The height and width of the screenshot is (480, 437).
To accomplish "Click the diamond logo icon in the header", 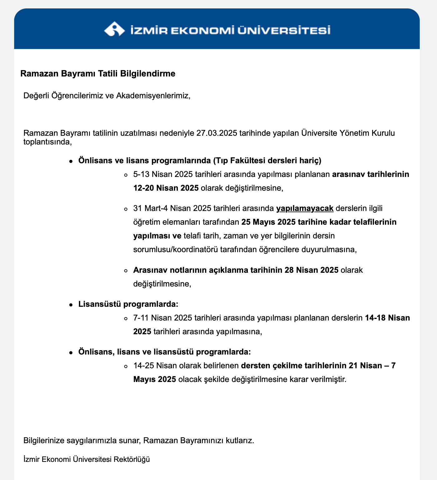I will click(114, 29).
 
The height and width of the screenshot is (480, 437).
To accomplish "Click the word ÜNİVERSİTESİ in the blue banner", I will click(283, 31).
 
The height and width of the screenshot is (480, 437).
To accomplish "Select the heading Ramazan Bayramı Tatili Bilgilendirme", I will click(98, 74).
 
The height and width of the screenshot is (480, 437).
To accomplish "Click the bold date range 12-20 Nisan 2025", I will click(166, 188).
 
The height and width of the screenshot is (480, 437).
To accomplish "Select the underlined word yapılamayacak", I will click(305, 208).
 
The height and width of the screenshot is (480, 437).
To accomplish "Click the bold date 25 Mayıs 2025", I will click(268, 222).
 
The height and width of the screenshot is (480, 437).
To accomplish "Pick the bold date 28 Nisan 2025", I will click(311, 270).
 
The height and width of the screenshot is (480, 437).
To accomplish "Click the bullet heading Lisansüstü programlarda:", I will click(128, 304).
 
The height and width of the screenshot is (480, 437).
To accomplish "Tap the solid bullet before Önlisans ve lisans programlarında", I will click(71, 161).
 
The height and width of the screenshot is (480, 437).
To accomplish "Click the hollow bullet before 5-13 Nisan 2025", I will click(125, 175).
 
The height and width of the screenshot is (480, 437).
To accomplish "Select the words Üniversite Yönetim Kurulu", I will click(348, 133).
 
